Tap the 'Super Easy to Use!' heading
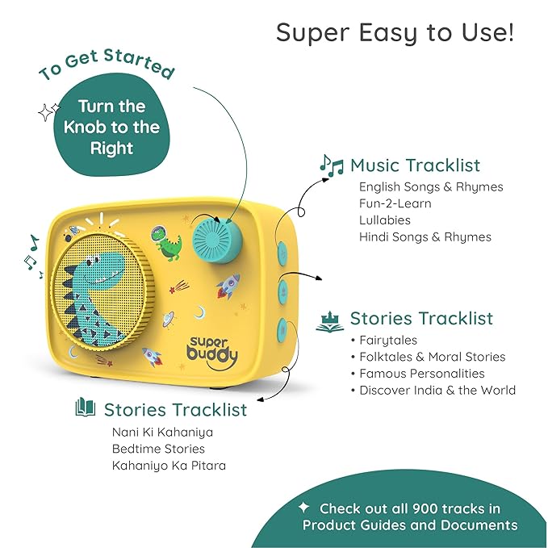395,33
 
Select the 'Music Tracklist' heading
415,165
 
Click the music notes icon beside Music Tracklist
332,165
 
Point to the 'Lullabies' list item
385,220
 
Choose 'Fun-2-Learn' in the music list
395,203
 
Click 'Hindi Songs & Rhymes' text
425,237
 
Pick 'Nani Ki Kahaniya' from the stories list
162,433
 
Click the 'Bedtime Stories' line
158,449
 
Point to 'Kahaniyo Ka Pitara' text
169,466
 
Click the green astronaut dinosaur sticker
166,244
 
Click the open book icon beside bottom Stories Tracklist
86,407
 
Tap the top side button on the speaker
282,252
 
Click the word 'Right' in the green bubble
112,149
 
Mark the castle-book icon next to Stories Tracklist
329,321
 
